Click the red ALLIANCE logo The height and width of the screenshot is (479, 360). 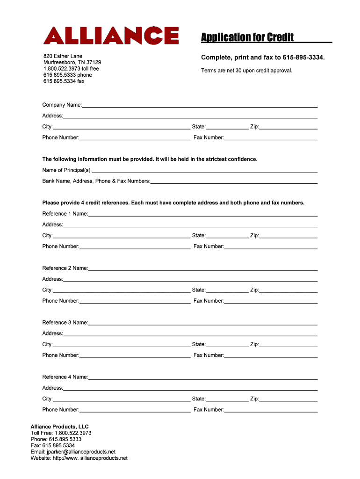pyautogui.click(x=111, y=35)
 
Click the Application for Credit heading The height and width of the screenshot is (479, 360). pyautogui.click(x=247, y=37)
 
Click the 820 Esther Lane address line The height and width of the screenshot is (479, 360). pyautogui.click(x=63, y=56)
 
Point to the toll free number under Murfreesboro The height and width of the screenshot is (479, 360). pyautogui.click(x=71, y=69)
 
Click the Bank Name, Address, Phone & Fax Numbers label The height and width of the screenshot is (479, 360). pyautogui.click(x=96, y=181)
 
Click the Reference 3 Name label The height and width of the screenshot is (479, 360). pyautogui.click(x=65, y=323)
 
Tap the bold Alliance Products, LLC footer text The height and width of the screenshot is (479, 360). pyautogui.click(x=59, y=427)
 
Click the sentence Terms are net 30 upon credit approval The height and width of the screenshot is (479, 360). pyautogui.click(x=246, y=71)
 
